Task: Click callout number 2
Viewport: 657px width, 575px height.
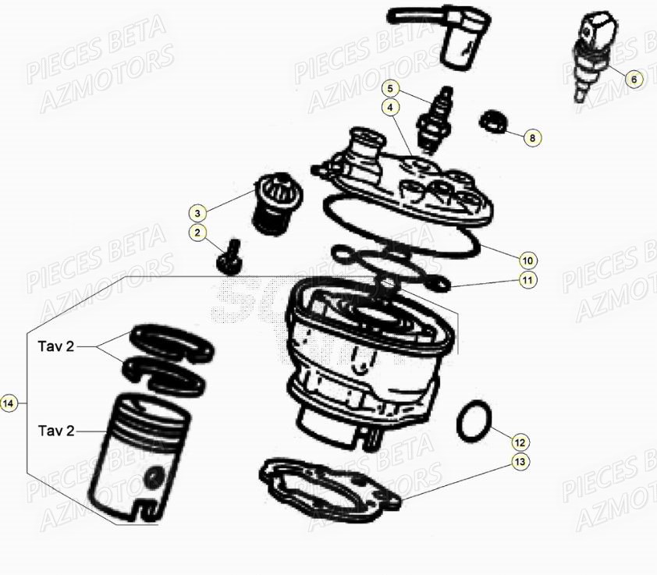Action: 197,232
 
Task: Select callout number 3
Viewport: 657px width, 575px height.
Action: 197,213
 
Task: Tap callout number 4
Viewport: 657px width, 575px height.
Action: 390,108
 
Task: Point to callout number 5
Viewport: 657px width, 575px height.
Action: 390,88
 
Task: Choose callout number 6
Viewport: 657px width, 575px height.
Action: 634,79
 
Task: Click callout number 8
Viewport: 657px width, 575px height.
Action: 533,138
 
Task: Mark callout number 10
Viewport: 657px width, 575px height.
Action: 527,261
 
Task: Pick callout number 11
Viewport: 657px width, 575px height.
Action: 527,279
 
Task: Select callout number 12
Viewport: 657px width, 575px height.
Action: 520,442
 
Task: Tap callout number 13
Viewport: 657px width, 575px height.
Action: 520,462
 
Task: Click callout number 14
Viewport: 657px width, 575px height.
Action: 9,403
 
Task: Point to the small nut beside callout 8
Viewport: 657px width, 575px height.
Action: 493,121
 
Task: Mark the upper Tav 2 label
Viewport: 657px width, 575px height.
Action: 56,346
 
